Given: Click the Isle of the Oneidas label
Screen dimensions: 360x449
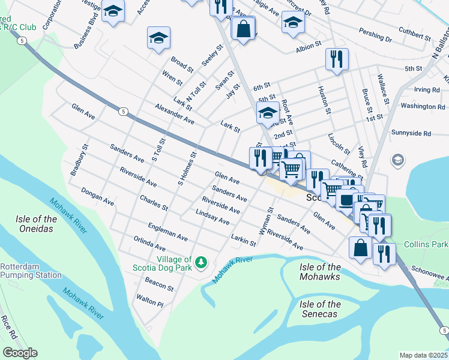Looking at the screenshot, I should [37, 224].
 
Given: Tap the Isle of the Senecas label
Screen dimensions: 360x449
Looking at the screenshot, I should [320, 309].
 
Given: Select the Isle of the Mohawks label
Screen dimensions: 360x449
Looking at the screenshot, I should [320, 272].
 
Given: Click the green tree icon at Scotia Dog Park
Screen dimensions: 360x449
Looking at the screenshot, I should [202, 263].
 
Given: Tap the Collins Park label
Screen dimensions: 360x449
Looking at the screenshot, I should [426, 244].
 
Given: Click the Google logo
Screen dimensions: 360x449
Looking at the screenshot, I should [20, 353].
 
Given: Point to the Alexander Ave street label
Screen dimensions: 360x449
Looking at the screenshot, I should [174, 113].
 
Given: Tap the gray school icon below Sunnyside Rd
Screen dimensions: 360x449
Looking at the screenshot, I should [397, 160].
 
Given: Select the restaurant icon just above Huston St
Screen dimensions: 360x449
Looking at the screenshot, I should [336, 59].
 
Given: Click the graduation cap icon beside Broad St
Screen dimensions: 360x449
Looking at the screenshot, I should [158, 37].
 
